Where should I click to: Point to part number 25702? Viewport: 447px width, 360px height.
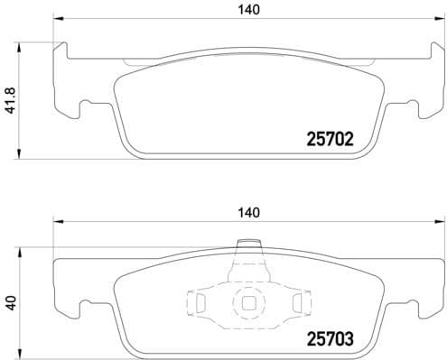tap(324, 140)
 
